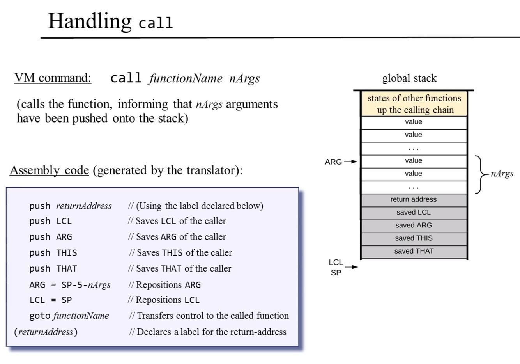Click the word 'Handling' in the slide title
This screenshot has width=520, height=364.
[x=90, y=21]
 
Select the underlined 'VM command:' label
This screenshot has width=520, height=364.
[x=53, y=78]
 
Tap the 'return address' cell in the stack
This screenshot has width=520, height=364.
[x=414, y=199]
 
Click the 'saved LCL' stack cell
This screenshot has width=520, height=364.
[x=414, y=213]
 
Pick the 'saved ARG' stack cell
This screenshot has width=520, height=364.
[x=414, y=226]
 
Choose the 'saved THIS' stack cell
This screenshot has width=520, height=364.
[x=414, y=238]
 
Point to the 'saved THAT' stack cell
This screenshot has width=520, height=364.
[x=414, y=251]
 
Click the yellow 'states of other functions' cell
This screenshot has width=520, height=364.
[x=414, y=104]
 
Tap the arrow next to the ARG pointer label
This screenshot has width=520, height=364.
[x=351, y=162]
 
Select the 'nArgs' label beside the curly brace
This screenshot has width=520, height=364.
[x=502, y=174]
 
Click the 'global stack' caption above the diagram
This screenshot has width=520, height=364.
[x=409, y=78]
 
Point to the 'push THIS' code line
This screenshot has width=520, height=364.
[x=53, y=253]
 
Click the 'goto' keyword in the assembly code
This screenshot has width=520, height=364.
[x=40, y=316]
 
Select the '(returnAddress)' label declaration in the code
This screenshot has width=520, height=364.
[x=46, y=332]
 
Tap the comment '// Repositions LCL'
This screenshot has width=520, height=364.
[x=164, y=300]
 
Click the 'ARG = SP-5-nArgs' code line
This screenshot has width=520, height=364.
[x=70, y=285]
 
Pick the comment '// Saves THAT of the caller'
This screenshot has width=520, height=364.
[x=180, y=269]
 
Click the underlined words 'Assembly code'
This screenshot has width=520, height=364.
[x=50, y=170]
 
